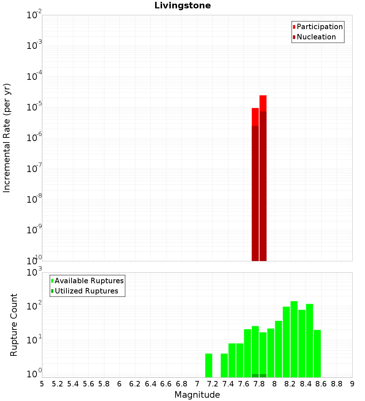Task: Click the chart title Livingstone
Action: pos(182,6)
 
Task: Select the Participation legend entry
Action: pos(319,27)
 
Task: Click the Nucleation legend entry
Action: pos(316,37)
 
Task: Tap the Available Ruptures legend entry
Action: pos(89,281)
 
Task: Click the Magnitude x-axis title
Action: pos(197,395)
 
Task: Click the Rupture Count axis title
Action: pos(14,325)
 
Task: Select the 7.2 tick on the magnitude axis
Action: pos(212,384)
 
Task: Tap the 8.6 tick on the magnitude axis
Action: pos(321,384)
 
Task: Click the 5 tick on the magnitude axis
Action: pos(42,384)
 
